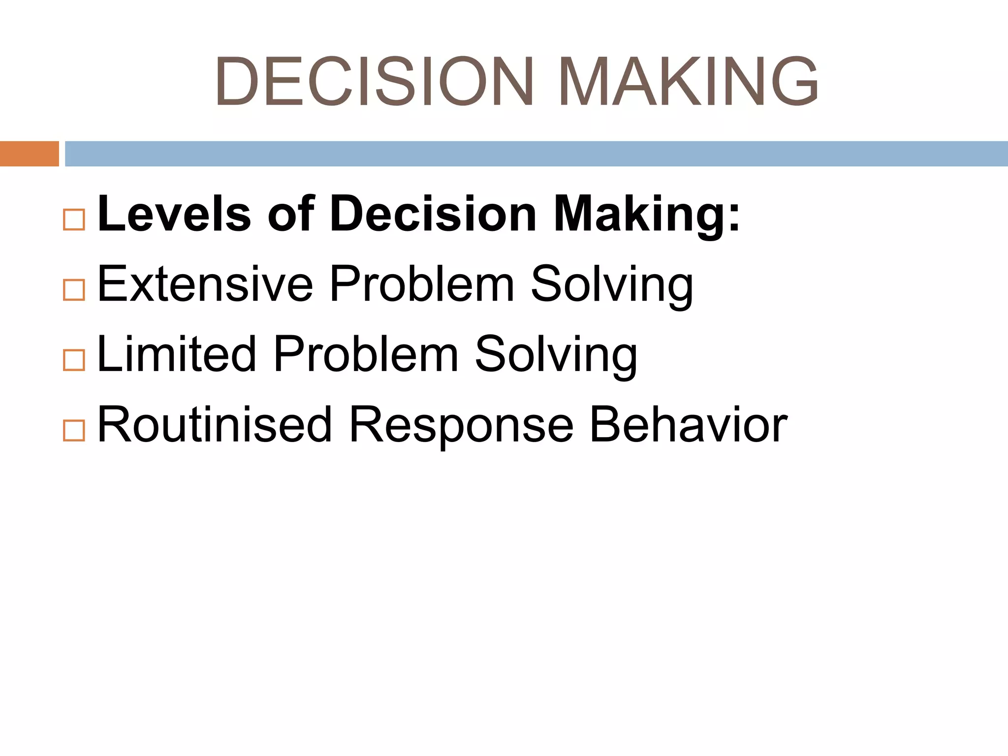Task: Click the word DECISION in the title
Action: coord(374,81)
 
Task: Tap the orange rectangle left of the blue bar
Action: coord(29,154)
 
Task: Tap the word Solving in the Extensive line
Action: coord(612,285)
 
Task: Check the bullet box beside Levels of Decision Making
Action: coord(74,220)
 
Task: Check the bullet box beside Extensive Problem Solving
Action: coord(74,290)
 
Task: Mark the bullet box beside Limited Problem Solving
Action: coord(74,360)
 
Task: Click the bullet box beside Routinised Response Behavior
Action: coord(74,431)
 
